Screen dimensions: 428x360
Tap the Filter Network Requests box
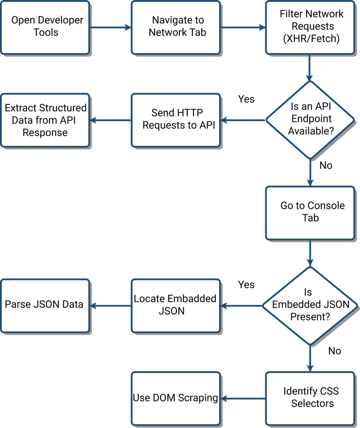[310, 27]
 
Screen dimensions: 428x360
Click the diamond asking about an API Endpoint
[310, 120]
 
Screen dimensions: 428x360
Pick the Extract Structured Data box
[45, 120]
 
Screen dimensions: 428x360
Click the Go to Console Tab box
[310, 212]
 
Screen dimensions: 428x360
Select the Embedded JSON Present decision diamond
[310, 305]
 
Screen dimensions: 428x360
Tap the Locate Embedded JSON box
[175, 305]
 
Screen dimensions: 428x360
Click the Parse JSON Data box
[45, 305]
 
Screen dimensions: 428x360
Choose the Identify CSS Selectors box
[310, 397]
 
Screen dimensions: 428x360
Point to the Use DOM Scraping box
[175, 397]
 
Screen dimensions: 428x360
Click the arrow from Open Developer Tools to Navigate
[110, 27]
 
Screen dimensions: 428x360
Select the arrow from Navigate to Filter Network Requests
[243, 27]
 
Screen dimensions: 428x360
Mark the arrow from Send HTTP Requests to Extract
[110, 120]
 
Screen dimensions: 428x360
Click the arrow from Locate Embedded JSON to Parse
[110, 306]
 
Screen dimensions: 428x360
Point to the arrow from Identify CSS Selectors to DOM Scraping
[243, 398]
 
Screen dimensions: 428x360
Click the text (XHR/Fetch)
[311, 38]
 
